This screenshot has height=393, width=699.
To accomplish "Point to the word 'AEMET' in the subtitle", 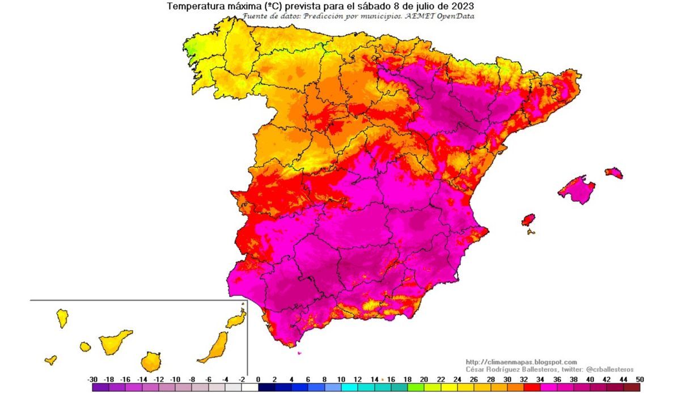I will coord(420,16).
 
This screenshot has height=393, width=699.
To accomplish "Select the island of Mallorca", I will coord(577,189).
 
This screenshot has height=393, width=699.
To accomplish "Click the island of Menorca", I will coord(614,172).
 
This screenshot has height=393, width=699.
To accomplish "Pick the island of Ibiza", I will coord(528,220).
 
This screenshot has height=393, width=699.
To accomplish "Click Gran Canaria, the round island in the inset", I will coord(151,361).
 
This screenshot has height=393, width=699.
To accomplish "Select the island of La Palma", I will coord(62,318).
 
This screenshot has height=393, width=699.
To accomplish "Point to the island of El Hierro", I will coord(51,360).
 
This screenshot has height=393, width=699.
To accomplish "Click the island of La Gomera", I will coord(85,346).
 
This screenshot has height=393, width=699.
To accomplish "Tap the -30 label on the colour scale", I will coord(92,379).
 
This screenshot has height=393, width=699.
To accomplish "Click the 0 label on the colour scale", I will coord(259,379).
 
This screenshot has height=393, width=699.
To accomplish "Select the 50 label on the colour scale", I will coord(640,379).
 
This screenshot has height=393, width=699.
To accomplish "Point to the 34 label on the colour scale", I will coord(540,379).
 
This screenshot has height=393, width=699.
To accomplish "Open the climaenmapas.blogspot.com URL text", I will coord(521,362).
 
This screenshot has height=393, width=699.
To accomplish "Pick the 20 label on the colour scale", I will coord(424,379).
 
